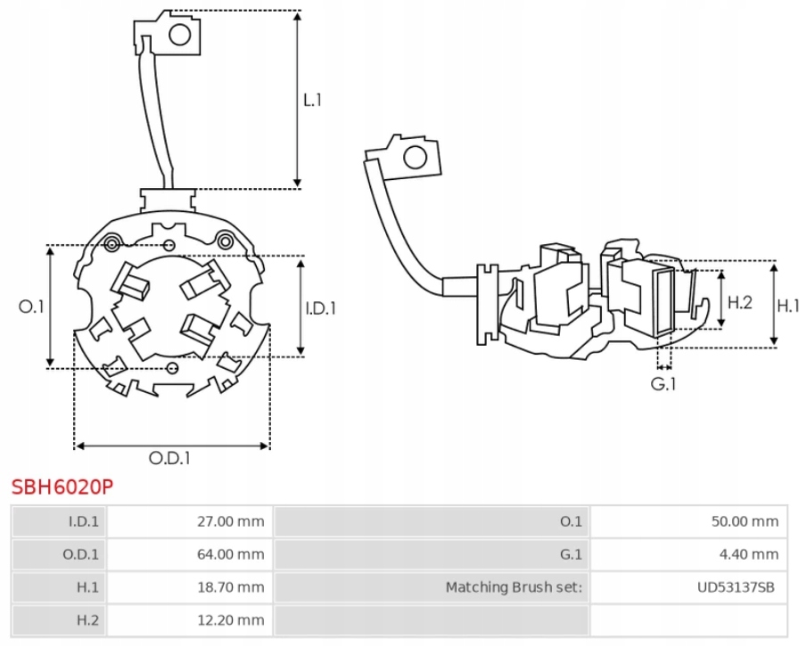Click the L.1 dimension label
[311, 100]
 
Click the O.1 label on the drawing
[32, 307]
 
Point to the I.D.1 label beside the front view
[320, 308]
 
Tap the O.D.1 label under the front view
[169, 459]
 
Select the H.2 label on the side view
[740, 303]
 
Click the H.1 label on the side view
[788, 306]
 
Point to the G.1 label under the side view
[663, 385]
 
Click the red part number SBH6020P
[62, 487]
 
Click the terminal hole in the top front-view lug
[181, 35]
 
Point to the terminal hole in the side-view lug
[415, 158]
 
